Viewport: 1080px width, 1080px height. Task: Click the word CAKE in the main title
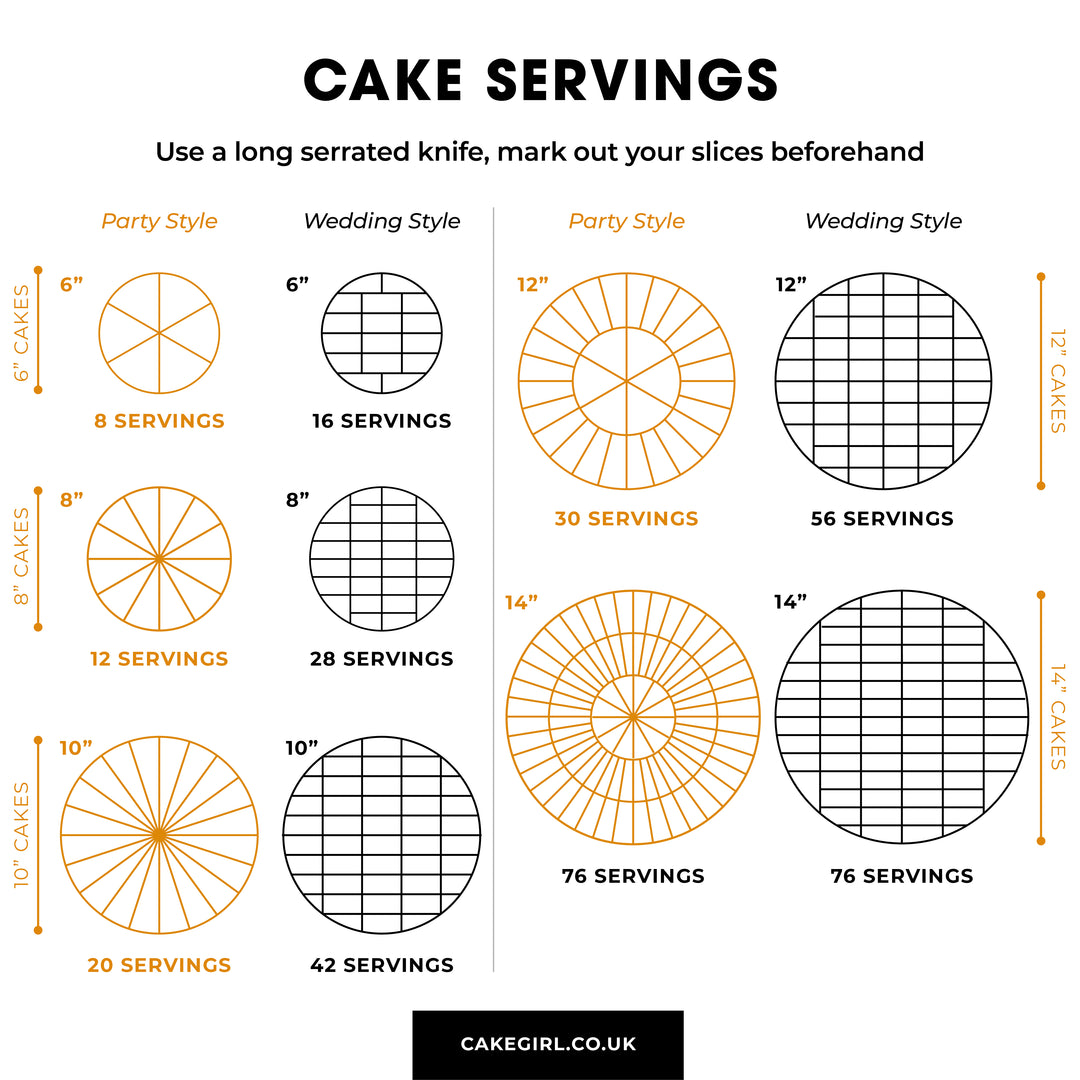pos(383,80)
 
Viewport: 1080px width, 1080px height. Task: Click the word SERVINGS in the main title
pos(632,80)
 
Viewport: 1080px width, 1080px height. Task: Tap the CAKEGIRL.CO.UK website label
pos(548,1043)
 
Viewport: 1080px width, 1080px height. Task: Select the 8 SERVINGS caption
pos(159,421)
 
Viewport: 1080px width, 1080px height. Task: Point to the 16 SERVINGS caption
pos(382,421)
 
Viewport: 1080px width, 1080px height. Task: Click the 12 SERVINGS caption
pos(159,658)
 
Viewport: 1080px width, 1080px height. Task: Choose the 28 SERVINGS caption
pos(382,658)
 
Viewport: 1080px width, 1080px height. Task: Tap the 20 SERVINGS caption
pos(159,965)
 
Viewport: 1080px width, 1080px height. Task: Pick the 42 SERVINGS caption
pos(382,965)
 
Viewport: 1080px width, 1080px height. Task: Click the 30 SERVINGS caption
pos(626,519)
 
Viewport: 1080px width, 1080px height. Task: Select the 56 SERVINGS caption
pos(882,519)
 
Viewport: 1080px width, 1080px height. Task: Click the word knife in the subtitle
pos(460,152)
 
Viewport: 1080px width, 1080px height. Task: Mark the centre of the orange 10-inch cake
pos(159,835)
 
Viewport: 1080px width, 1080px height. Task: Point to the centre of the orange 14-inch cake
pos(633,717)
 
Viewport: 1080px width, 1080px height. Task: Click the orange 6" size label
pos(71,284)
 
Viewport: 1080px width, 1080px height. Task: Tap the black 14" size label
pos(790,602)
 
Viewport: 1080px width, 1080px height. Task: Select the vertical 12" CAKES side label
pos(1058,381)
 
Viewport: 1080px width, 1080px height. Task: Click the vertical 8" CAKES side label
pos(21,557)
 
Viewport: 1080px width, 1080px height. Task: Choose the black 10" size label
pos(302,748)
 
